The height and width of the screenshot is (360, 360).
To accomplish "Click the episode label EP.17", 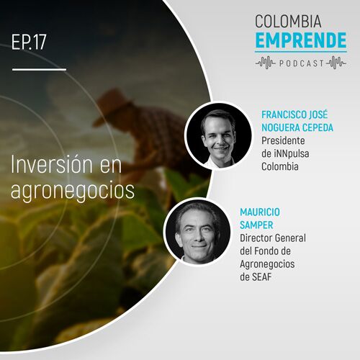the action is [x=29, y=42].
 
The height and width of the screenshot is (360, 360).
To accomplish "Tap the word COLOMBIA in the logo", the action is [x=288, y=21].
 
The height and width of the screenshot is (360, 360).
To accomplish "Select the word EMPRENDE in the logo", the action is [x=301, y=40].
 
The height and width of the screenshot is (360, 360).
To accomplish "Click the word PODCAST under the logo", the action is [x=302, y=63].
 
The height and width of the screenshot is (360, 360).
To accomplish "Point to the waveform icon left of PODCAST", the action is [x=266, y=63].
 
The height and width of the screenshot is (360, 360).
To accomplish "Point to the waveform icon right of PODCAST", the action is [x=336, y=63].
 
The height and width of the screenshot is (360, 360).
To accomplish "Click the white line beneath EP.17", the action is [x=39, y=70].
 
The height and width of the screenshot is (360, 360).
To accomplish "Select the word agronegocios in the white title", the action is [x=73, y=192].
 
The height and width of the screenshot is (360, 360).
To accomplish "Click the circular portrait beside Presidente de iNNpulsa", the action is [x=219, y=135].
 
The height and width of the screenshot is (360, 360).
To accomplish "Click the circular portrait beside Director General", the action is [x=198, y=233].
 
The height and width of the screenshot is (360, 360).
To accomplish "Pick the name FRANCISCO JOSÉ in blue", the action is [x=294, y=114].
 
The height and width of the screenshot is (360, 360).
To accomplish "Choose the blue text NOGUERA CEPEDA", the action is [x=297, y=127].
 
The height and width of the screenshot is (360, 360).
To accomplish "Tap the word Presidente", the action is [x=283, y=140].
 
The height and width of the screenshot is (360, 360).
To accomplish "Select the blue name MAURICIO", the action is [x=260, y=212].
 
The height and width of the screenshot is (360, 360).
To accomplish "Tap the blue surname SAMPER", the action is [x=256, y=225].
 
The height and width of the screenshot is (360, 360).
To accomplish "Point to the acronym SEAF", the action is [x=261, y=277].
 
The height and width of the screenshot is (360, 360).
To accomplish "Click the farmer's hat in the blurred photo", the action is [x=112, y=107].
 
